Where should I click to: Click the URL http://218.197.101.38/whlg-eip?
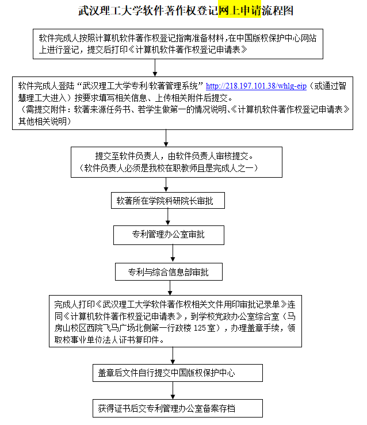pyautogui.click(x=256, y=87)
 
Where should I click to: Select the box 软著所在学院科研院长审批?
pyautogui.click(x=167, y=201)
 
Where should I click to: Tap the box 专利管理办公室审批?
pyautogui.click(x=169, y=235)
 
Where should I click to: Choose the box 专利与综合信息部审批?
pyautogui.click(x=169, y=271)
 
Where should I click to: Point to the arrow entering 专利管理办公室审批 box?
pyautogui.click(x=169, y=217)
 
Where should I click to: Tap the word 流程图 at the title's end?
pyautogui.click(x=277, y=10)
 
